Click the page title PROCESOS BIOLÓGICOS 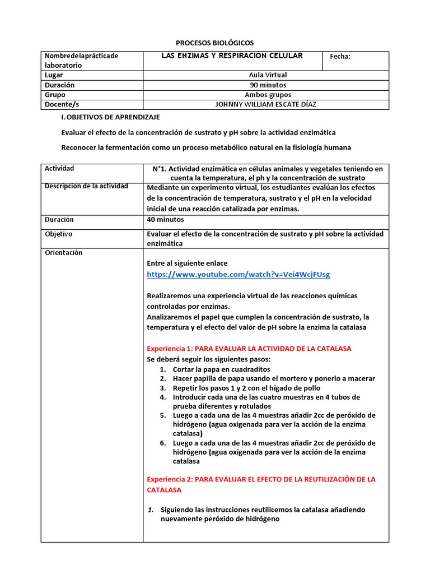(x=215, y=43)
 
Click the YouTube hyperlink (x=238, y=274)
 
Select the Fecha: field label (x=340, y=56)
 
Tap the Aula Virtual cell (x=268, y=75)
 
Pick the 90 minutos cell (x=268, y=85)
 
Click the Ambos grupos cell (x=268, y=95)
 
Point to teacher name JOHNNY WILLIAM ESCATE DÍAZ (x=268, y=104)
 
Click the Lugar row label (x=54, y=75)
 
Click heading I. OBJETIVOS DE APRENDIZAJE (x=110, y=117)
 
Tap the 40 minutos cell (x=165, y=220)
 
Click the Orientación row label (x=63, y=253)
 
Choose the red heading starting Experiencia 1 (x=249, y=349)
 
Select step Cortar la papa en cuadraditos (x=221, y=369)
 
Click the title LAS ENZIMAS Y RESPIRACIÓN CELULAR (x=232, y=56)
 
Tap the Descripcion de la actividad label (x=86, y=186)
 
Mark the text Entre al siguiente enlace (x=187, y=263)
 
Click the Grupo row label (x=55, y=95)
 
